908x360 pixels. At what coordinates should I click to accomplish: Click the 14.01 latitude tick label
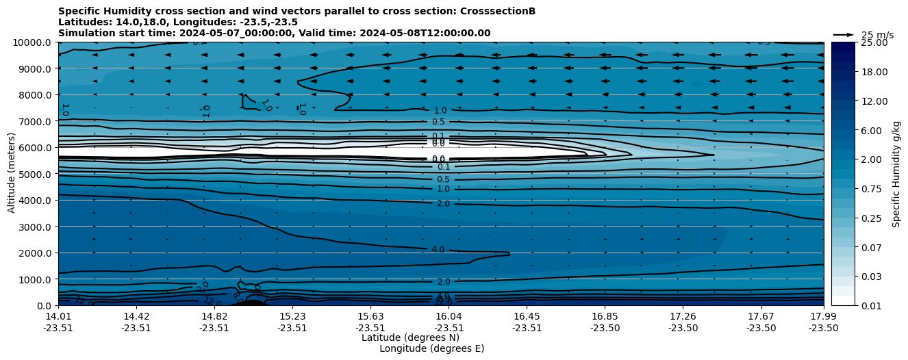click(58, 316)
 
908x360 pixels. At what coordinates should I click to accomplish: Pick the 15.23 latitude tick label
click(292, 316)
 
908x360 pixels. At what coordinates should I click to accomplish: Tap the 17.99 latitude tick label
click(823, 316)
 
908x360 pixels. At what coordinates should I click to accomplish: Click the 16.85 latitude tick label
click(605, 316)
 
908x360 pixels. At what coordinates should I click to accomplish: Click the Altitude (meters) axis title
click(12, 173)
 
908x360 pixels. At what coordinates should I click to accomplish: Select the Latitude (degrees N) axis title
click(410, 337)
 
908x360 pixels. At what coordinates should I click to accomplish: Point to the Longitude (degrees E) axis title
click(431, 348)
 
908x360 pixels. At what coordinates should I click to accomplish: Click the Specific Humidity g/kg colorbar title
click(897, 174)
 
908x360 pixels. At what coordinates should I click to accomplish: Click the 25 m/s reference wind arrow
click(844, 34)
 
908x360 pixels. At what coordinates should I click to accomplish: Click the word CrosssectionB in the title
click(501, 11)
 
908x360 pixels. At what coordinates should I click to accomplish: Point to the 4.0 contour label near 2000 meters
click(438, 250)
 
